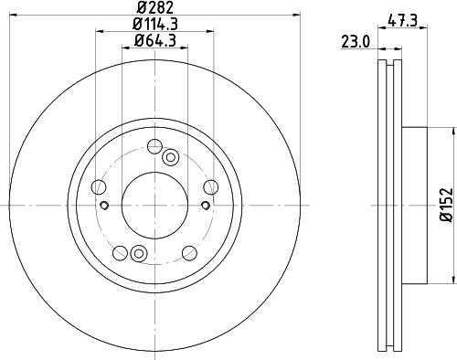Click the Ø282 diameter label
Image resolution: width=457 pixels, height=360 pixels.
(154, 7)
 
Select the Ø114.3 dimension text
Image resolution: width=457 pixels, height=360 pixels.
(155, 24)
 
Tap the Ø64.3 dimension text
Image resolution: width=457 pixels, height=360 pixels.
(155, 40)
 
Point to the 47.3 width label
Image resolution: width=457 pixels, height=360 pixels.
(402, 21)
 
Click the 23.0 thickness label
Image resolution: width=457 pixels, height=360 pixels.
(356, 42)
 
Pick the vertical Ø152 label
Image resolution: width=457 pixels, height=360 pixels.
(447, 205)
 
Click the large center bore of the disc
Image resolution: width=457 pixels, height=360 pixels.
(154, 206)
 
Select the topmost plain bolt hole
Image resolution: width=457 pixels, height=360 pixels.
(154, 146)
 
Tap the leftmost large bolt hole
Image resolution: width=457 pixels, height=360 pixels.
(99, 187)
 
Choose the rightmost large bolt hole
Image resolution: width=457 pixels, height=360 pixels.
(211, 187)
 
